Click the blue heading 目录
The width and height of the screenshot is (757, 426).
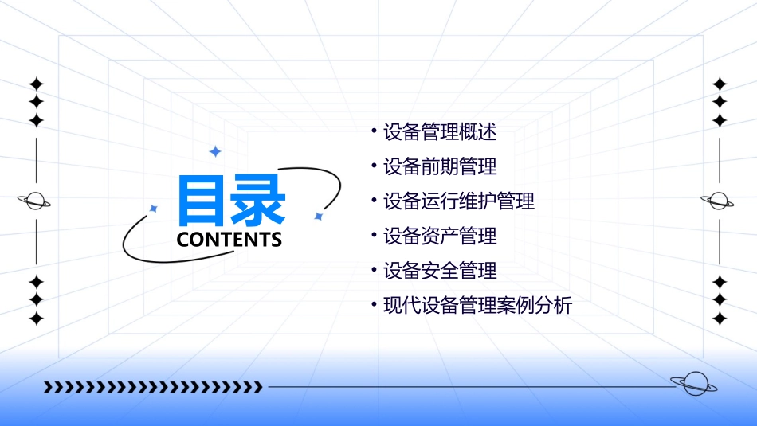pos(231,201)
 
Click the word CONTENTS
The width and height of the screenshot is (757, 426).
pos(229,240)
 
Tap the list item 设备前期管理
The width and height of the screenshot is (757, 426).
pos(440,166)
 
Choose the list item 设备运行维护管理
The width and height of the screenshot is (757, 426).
pos(459,201)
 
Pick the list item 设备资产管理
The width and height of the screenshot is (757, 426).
pos(440,236)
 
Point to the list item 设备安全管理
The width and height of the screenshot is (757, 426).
pos(440,271)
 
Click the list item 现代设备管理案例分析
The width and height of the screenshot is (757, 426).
pos(478,305)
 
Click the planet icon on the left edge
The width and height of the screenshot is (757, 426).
pos(35,201)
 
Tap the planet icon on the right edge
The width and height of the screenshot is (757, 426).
pos(719,201)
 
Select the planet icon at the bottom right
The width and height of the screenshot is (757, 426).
pos(694,384)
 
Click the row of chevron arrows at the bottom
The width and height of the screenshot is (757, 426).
pos(153,387)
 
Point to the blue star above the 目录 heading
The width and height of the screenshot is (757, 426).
pos(214,151)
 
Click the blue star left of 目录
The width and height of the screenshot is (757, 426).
pos(154,209)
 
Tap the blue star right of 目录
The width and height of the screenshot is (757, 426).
pos(318,216)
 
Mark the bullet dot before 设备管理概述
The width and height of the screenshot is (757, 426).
pos(374,130)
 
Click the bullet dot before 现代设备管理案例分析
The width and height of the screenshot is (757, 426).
pos(374,303)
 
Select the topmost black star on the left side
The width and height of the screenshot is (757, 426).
pos(36,84)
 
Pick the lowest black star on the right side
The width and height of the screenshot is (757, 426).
pos(720,319)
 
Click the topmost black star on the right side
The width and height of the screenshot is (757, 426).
pos(720,84)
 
